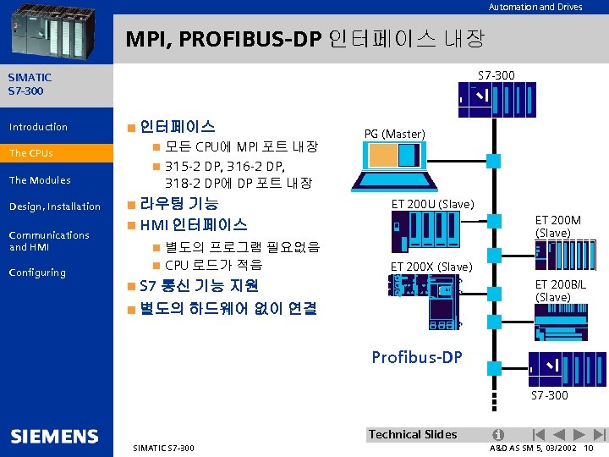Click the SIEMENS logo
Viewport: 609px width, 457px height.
[x=55, y=437]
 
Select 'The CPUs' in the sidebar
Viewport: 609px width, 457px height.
[x=31, y=153]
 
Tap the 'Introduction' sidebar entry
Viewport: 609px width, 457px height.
[x=38, y=127]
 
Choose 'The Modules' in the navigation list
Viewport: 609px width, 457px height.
[x=40, y=179]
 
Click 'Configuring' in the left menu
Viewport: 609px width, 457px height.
[x=37, y=273]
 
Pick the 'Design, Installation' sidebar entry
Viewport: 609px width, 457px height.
[x=54, y=206]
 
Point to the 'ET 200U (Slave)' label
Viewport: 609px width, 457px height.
[x=432, y=204]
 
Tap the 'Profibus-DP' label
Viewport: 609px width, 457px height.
[x=417, y=357]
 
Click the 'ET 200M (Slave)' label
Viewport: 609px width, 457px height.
[x=558, y=226]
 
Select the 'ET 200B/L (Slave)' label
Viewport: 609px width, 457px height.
[x=560, y=291]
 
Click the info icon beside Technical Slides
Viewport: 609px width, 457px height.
[x=498, y=434]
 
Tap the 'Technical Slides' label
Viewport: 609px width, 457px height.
[x=413, y=434]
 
